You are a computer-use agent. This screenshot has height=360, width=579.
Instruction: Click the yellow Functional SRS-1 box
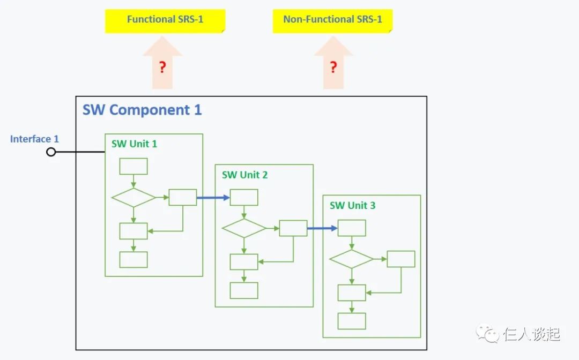click(165, 20)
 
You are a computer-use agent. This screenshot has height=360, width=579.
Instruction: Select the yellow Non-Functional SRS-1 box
click(332, 20)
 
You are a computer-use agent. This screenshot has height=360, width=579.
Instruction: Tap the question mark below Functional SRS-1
click(162, 67)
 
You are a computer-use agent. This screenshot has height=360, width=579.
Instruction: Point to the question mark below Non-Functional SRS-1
click(333, 67)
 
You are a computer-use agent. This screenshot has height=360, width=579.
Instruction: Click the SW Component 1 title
click(142, 110)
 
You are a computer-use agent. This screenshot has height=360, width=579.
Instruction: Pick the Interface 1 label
click(34, 139)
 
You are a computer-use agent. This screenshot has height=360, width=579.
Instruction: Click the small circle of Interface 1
click(51, 152)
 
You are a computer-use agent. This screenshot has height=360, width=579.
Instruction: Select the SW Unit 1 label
click(134, 144)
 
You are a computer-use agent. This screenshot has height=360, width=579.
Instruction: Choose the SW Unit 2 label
click(244, 175)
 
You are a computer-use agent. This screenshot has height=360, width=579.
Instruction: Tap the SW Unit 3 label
click(352, 206)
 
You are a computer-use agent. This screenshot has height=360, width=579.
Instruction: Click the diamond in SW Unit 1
click(133, 198)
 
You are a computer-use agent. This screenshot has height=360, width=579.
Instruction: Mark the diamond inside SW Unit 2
click(244, 228)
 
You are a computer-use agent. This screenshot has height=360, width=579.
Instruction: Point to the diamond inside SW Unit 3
click(351, 259)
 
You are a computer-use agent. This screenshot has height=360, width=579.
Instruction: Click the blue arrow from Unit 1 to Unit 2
click(213, 198)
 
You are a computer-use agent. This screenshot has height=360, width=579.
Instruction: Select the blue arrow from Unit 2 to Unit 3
click(322, 228)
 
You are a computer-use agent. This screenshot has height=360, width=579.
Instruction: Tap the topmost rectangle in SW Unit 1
click(133, 167)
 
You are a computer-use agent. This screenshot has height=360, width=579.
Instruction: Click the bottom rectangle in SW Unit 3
click(352, 321)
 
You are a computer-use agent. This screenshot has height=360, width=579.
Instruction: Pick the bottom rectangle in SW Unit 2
click(244, 290)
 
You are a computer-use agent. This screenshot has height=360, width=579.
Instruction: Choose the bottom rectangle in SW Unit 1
click(133, 260)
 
